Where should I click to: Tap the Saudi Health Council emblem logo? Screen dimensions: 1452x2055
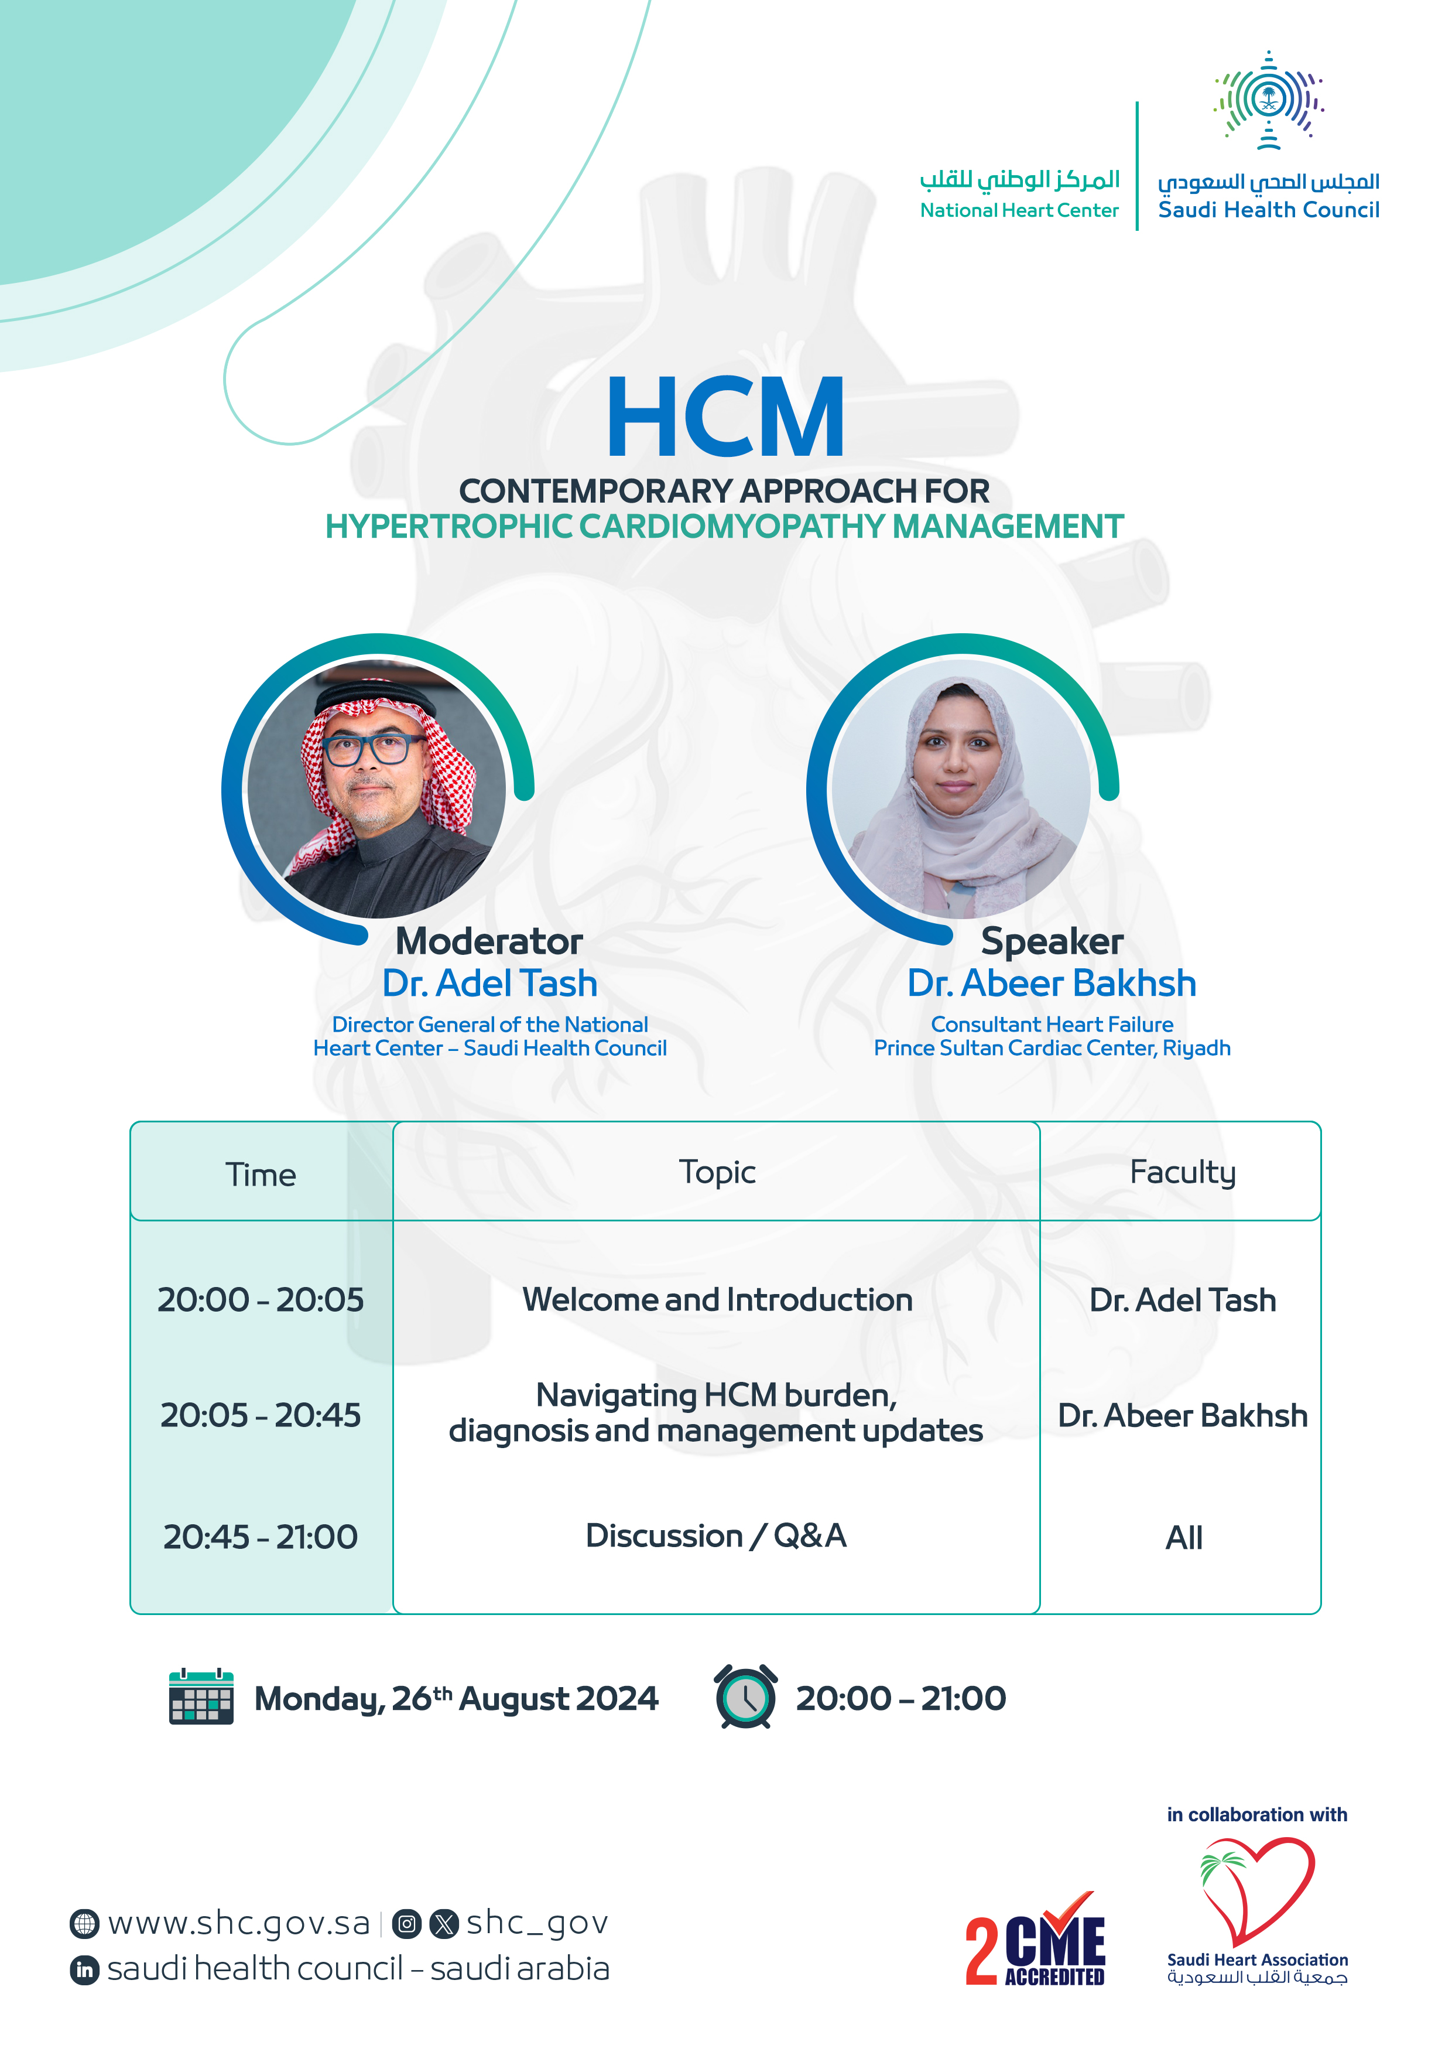click(x=1269, y=100)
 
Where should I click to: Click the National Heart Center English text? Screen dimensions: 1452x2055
click(x=1019, y=210)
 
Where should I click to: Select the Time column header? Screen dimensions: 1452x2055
click(x=261, y=1175)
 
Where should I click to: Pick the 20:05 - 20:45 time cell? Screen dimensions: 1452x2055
click(x=261, y=1415)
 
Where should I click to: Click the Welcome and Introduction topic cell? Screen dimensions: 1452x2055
click(x=717, y=1299)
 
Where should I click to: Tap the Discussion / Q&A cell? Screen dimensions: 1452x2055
click(x=715, y=1536)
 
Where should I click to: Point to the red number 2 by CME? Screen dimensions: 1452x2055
click(x=981, y=1951)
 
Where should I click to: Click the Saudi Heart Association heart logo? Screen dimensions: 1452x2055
click(x=1257, y=1889)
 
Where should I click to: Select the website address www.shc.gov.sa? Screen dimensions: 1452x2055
click(x=239, y=1923)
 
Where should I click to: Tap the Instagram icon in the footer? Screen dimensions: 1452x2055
click(x=407, y=1923)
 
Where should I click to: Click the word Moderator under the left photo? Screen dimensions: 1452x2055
click(x=489, y=941)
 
